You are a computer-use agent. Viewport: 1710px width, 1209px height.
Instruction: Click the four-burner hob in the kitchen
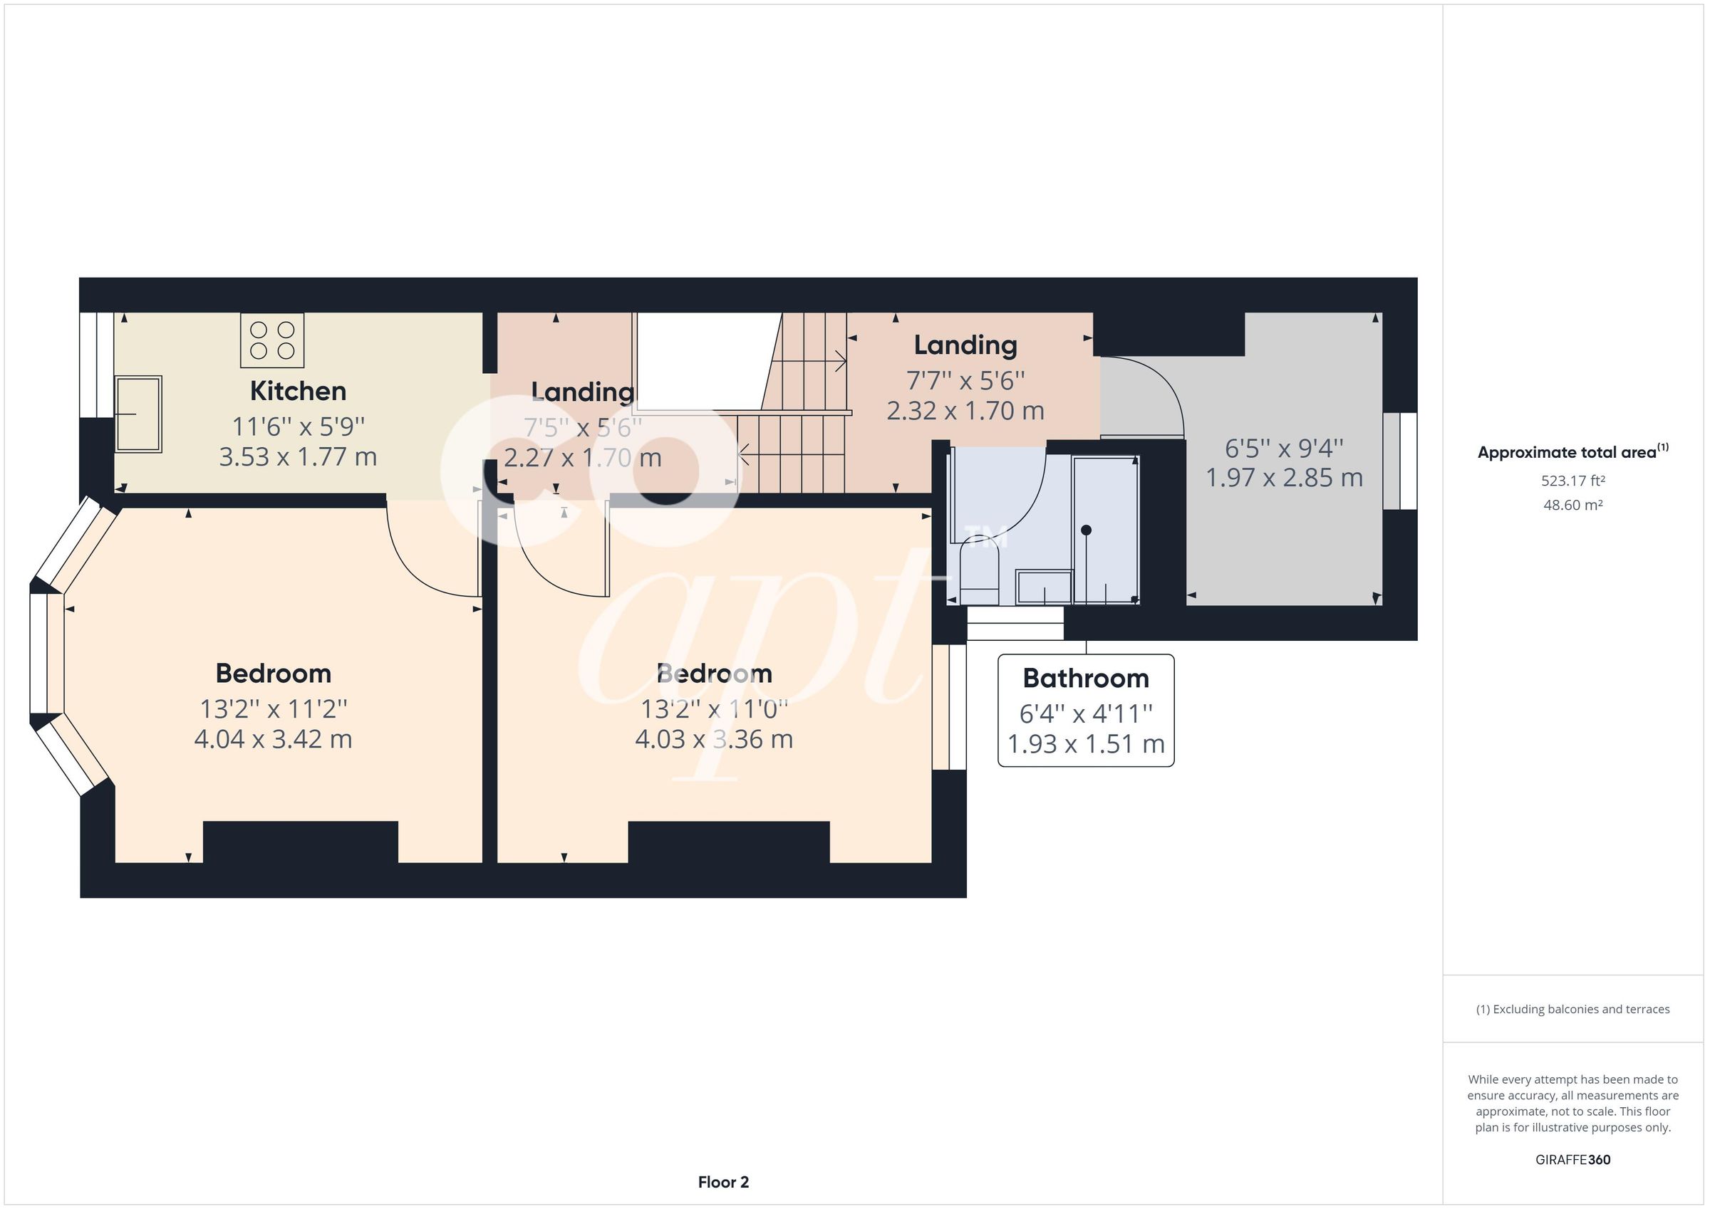pyautogui.click(x=272, y=340)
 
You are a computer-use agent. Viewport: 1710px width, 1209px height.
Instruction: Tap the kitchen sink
pyautogui.click(x=138, y=414)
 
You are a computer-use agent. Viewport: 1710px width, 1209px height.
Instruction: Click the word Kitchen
pyautogui.click(x=298, y=391)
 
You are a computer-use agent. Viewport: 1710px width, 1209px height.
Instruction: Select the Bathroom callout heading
pyautogui.click(x=1085, y=679)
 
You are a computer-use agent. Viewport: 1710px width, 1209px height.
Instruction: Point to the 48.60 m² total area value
pyautogui.click(x=1572, y=505)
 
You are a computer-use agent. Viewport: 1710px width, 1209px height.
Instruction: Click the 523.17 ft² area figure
pyautogui.click(x=1572, y=481)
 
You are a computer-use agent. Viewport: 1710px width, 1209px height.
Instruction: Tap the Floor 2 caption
pyautogui.click(x=722, y=1181)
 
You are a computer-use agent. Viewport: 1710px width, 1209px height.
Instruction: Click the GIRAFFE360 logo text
pyautogui.click(x=1572, y=1159)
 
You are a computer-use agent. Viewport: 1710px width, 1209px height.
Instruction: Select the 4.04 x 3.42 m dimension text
pyautogui.click(x=273, y=739)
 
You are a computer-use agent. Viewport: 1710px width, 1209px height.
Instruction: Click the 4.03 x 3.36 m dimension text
pyautogui.click(x=713, y=739)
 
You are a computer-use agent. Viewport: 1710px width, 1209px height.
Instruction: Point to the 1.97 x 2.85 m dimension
pyautogui.click(x=1284, y=478)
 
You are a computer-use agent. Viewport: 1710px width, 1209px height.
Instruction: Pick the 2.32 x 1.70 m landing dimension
pyautogui.click(x=965, y=411)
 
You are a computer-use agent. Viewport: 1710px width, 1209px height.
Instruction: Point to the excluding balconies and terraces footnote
pyautogui.click(x=1572, y=1010)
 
